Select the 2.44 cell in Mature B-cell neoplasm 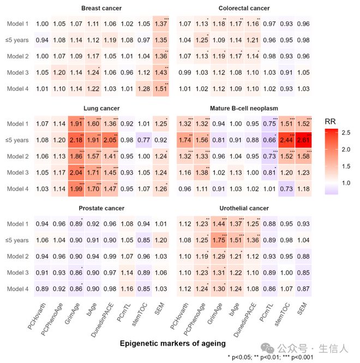(x=286, y=140)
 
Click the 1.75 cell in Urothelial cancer (x=219, y=240)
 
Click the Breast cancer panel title (x=101, y=8)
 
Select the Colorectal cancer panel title (x=244, y=8)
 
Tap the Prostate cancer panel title (x=101, y=209)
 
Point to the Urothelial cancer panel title (x=244, y=209)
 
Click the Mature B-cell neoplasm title (x=244, y=109)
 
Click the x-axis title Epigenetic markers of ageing (x=172, y=343)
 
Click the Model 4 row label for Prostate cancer (x=17, y=290)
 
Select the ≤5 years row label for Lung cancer (x=17, y=140)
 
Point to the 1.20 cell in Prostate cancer (x=161, y=240)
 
